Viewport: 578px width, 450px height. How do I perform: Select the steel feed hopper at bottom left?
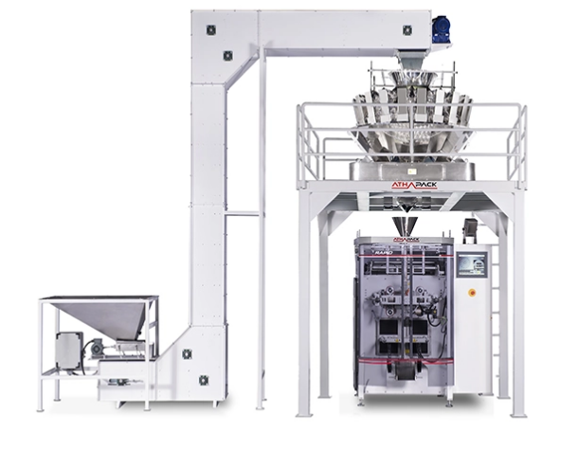104,316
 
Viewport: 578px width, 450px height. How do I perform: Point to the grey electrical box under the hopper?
69,351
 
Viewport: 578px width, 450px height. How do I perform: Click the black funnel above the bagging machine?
405,226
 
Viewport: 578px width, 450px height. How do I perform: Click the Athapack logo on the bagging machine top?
405,243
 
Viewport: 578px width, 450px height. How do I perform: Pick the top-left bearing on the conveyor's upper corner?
210,29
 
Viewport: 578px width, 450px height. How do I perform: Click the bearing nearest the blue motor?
406,29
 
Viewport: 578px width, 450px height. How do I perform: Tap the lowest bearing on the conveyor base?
204,380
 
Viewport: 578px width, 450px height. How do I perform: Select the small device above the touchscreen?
470,230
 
